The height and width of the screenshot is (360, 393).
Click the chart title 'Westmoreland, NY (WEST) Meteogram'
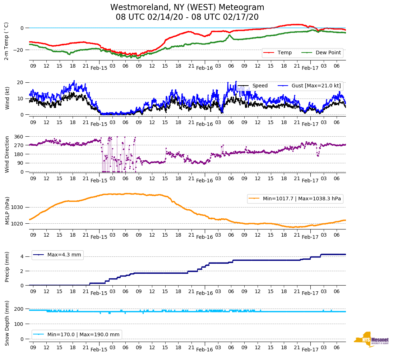[187, 8]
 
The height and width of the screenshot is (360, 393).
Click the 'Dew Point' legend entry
[328, 53]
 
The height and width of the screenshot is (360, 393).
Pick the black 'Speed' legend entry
[260, 86]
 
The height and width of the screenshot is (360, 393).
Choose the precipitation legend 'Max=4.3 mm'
[64, 255]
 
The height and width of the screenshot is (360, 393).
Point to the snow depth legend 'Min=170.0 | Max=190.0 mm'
[83, 334]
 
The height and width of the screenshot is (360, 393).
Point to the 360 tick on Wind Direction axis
[19, 137]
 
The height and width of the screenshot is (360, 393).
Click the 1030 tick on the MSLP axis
[18, 208]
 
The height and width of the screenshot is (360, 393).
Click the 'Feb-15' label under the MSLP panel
[99, 237]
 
